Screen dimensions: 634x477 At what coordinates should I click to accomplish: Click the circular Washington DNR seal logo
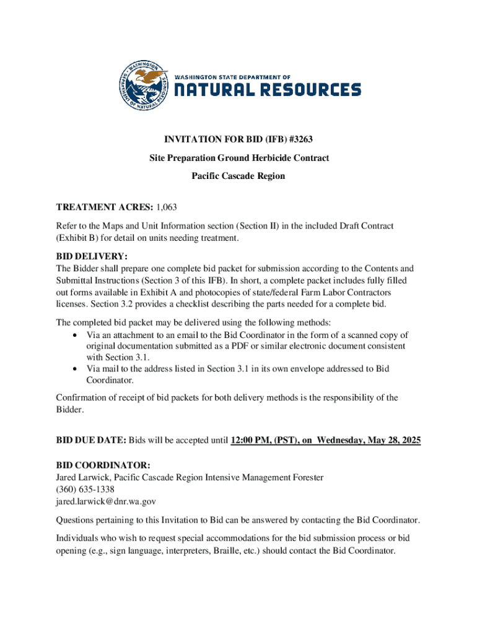click(144, 87)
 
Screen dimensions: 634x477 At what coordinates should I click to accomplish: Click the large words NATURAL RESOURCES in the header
click(267, 90)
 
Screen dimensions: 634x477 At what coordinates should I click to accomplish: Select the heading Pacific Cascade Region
click(239, 176)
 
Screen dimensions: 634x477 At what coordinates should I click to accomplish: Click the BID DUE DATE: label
click(91, 440)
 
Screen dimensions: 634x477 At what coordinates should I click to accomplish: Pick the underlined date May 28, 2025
click(392, 440)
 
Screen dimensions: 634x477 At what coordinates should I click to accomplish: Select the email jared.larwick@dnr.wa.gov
click(106, 501)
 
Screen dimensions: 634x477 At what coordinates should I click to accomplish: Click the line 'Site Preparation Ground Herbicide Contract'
click(239, 158)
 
